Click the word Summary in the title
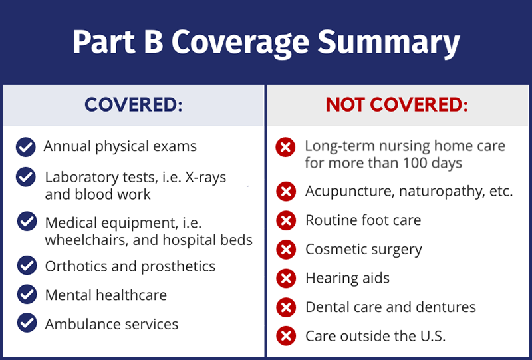pos(388,43)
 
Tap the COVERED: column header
pos(134,104)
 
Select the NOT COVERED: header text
pos(396,104)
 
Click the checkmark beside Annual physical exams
pos(26,148)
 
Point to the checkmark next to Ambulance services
pos(27,323)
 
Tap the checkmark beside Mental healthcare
pos(27,294)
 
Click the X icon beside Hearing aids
pos(286,279)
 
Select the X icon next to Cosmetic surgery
pos(286,250)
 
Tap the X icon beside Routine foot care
pos(286,220)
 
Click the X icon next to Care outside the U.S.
pos(286,336)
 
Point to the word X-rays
pos(205,177)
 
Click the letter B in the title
pos(154,43)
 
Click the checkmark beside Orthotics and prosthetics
pos(27,266)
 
